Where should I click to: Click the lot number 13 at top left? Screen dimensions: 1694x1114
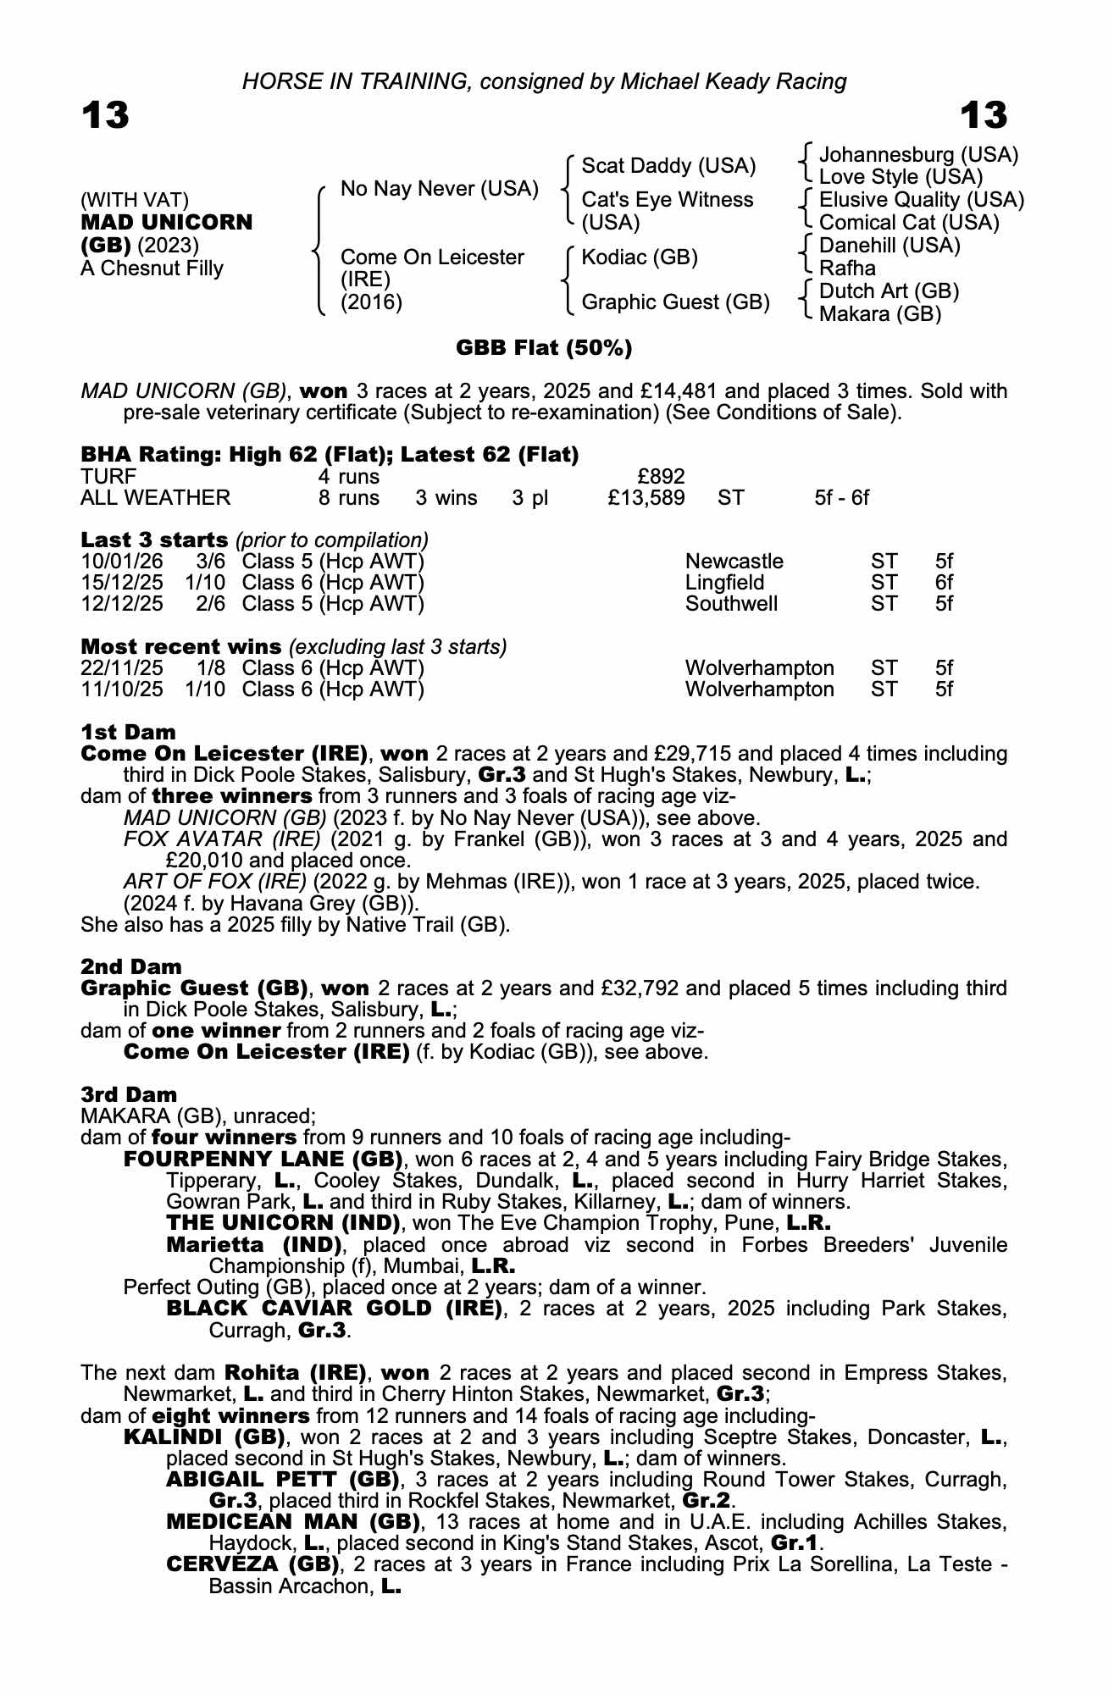pyautogui.click(x=105, y=115)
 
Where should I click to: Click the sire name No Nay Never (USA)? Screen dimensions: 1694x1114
pyautogui.click(x=439, y=189)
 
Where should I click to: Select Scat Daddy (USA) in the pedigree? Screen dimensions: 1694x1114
pyautogui.click(x=668, y=166)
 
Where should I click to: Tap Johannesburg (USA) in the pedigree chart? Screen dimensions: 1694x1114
pyautogui.click(x=918, y=155)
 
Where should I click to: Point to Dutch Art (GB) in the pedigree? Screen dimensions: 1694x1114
pyautogui.click(x=889, y=291)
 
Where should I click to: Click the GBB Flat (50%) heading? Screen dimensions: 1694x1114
pyautogui.click(x=544, y=348)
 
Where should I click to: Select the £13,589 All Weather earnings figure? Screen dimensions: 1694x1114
pyautogui.click(x=646, y=497)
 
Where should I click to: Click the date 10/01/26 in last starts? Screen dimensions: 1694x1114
pyautogui.click(x=122, y=562)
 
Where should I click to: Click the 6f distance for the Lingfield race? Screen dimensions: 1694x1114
pyautogui.click(x=944, y=583)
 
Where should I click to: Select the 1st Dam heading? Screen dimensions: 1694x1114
pyautogui.click(x=128, y=732)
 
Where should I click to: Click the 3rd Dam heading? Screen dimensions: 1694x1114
pyautogui.click(x=129, y=1094)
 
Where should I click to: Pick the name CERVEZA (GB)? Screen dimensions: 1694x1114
pyautogui.click(x=253, y=1564)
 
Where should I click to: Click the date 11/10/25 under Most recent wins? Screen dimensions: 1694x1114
pyautogui.click(x=122, y=689)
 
